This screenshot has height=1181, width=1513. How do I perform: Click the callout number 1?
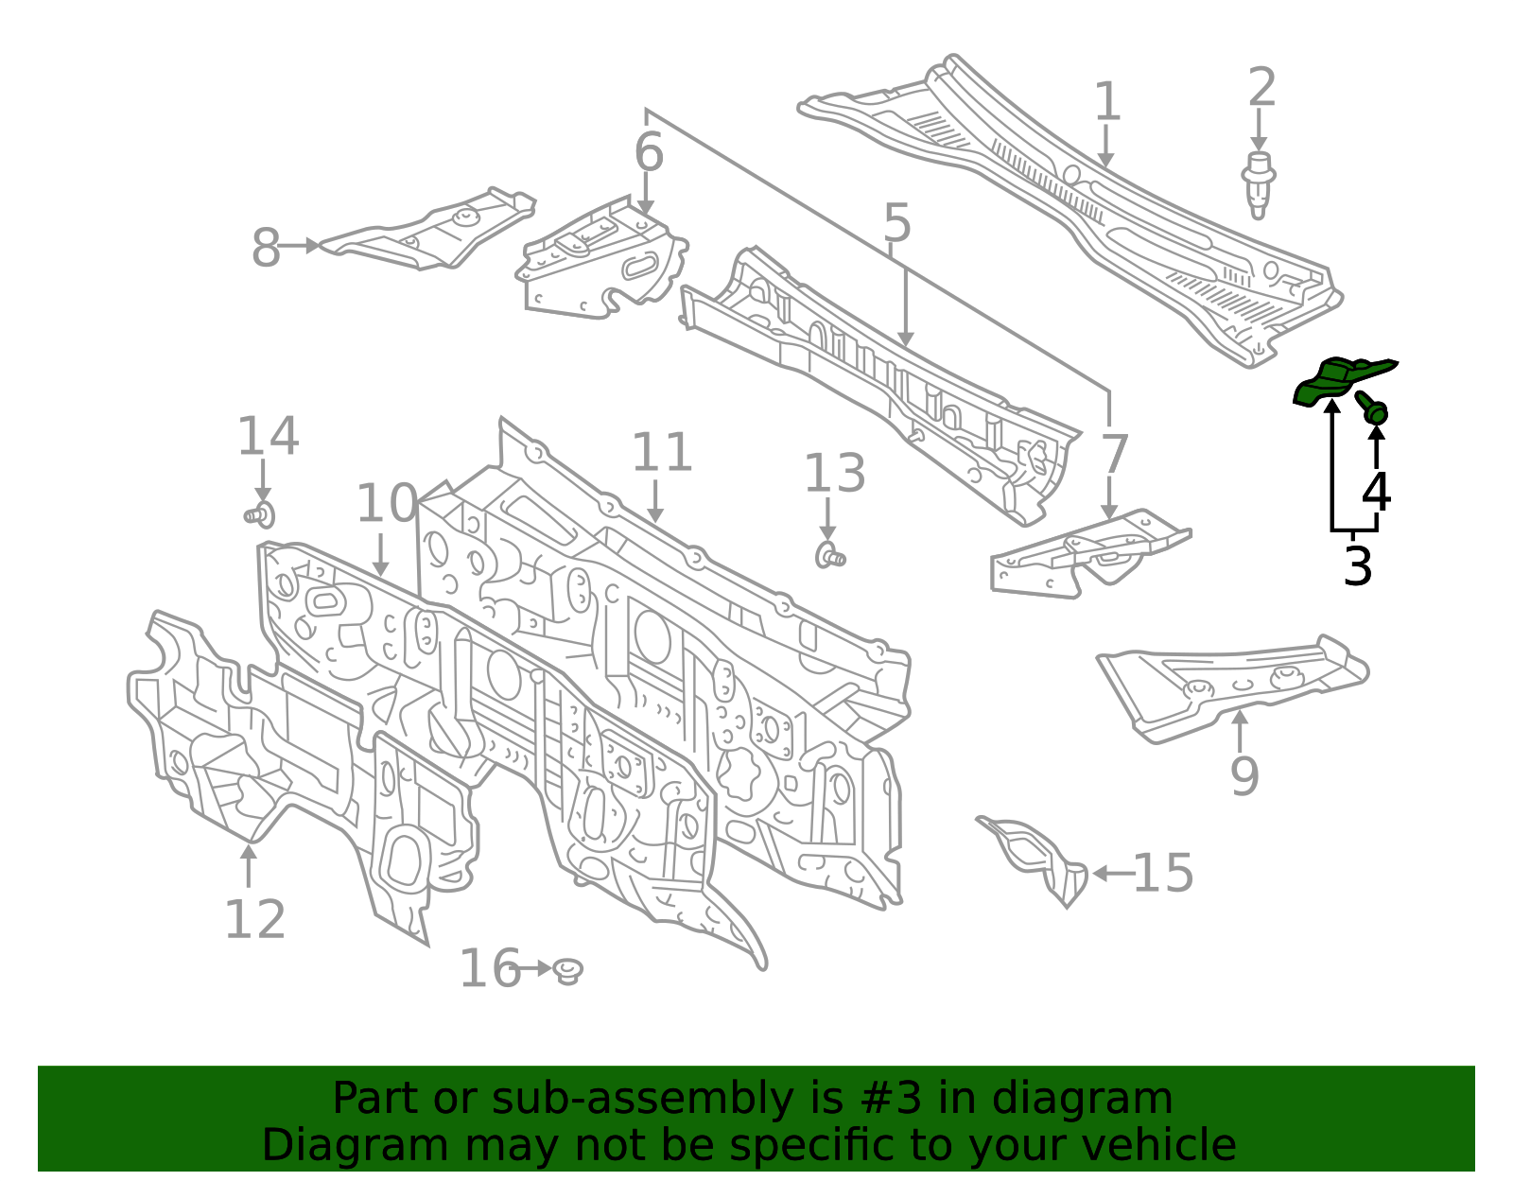[1107, 101]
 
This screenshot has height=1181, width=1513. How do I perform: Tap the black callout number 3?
[1357, 565]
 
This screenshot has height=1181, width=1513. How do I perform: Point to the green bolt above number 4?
[1372, 408]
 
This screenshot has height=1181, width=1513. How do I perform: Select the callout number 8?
[266, 247]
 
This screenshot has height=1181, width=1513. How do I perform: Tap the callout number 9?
[1245, 775]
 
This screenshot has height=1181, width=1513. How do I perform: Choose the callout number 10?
[387, 503]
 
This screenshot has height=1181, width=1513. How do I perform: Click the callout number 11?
[661, 452]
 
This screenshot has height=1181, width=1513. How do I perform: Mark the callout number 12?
[254, 919]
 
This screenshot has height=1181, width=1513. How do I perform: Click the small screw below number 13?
[830, 556]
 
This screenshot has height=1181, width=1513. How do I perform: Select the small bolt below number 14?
[260, 515]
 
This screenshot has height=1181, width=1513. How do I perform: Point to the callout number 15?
[1163, 873]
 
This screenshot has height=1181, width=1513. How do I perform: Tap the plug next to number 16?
[568, 970]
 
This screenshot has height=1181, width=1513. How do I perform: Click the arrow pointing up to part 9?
[1240, 732]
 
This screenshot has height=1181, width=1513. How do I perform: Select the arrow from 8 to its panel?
[299, 246]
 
